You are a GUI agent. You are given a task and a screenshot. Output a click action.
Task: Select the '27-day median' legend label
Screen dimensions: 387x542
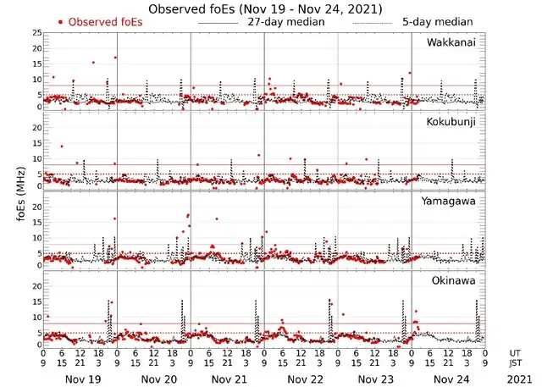pyautogui.click(x=286, y=21)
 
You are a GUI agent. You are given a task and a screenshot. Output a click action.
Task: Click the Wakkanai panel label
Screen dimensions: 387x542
pyautogui.click(x=451, y=42)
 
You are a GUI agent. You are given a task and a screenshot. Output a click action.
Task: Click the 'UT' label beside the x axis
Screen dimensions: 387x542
pyautogui.click(x=515, y=354)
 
